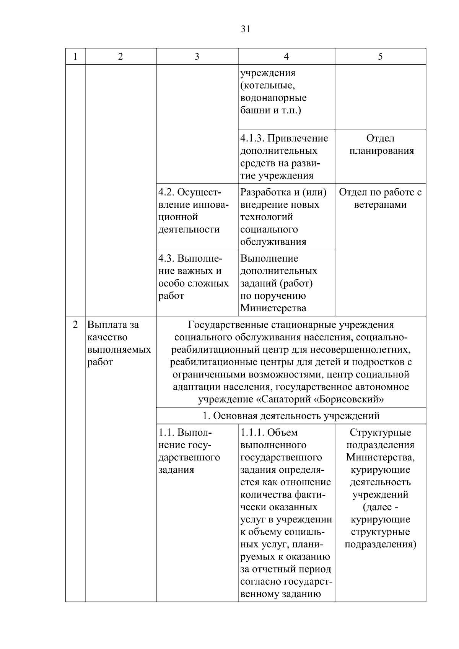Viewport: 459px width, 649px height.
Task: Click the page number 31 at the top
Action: [x=246, y=29]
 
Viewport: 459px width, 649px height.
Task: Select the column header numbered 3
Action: [x=197, y=57]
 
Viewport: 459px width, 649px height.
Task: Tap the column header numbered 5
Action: [x=380, y=57]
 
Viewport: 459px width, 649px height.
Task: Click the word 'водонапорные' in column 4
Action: [x=273, y=98]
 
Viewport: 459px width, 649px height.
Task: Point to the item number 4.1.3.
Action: [x=252, y=138]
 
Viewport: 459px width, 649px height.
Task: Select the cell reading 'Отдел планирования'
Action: [x=381, y=145]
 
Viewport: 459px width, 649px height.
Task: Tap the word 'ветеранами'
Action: [x=380, y=205]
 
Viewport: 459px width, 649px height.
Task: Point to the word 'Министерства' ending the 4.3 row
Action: [x=273, y=308]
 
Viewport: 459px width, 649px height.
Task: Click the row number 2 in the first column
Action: [x=75, y=325]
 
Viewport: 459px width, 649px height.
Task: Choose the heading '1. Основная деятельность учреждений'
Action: [x=291, y=416]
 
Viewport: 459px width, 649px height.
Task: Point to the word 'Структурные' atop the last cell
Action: [x=380, y=433]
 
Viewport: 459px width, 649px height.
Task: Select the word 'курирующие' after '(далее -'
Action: [x=380, y=520]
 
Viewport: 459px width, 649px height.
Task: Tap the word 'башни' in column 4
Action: [x=253, y=111]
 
